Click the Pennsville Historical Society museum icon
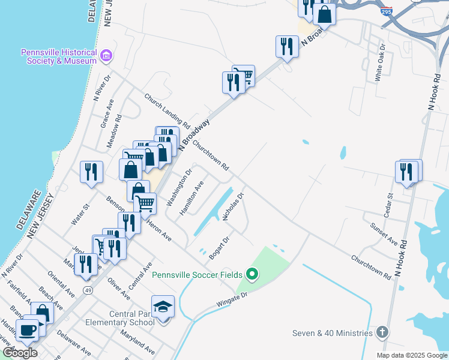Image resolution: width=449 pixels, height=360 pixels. pyautogui.click(x=107, y=56)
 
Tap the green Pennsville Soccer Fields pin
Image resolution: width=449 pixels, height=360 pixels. pyautogui.click(x=252, y=275)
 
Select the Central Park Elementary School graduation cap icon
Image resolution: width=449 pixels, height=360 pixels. pyautogui.click(x=163, y=308)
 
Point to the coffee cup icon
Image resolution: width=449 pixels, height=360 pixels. pyautogui.click(x=27, y=329)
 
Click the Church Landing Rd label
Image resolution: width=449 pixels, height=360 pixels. pyautogui.click(x=167, y=112)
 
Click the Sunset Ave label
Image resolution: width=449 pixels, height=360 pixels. pyautogui.click(x=384, y=232)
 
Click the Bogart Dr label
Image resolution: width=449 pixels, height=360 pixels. pyautogui.click(x=220, y=247)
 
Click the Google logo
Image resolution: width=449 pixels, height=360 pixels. pyautogui.click(x=20, y=353)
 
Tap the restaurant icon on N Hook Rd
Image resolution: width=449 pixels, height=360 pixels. pyautogui.click(x=407, y=172)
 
